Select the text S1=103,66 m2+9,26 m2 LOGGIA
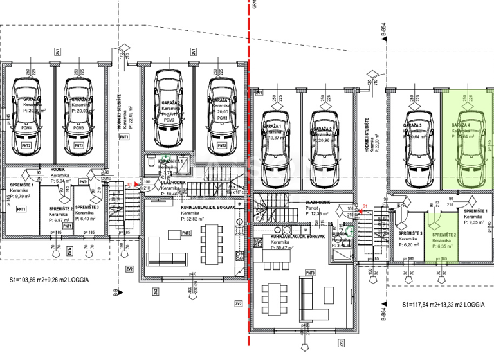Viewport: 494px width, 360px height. [50, 280]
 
